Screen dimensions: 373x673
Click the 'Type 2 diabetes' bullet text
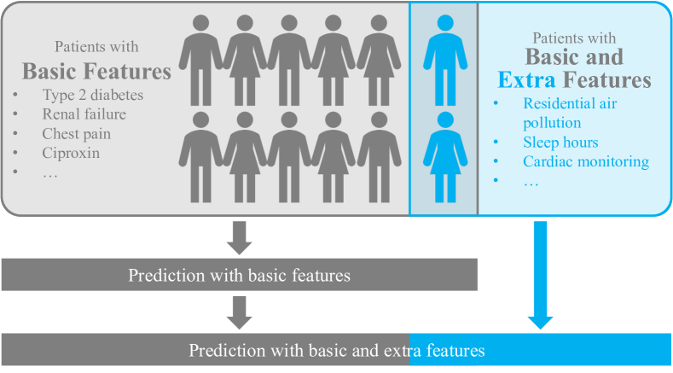tap(93, 95)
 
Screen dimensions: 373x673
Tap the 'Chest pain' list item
tap(77, 134)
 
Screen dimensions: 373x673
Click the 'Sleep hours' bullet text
tap(560, 142)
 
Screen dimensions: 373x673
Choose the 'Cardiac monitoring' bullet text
tap(586, 161)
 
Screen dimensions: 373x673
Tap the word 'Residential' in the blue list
tap(557, 103)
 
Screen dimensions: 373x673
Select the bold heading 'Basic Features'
tap(96, 71)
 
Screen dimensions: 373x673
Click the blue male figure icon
tap(444, 55)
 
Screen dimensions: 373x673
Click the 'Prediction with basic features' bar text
tap(240, 276)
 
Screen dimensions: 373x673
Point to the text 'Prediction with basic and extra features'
tap(336, 351)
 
